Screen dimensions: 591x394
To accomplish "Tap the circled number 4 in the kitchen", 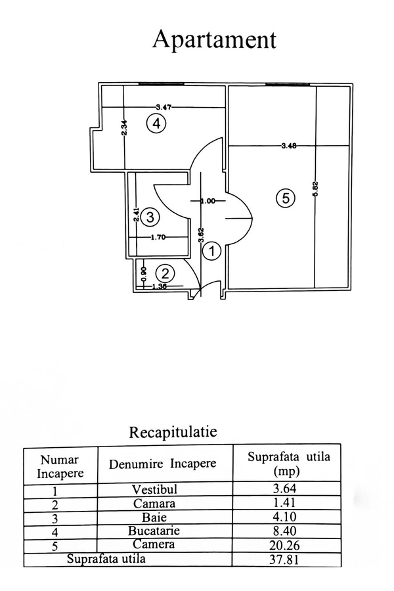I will (x=156, y=123).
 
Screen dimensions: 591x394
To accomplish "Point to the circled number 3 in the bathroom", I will (x=150, y=216).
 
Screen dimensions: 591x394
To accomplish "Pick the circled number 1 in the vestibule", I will (x=211, y=250).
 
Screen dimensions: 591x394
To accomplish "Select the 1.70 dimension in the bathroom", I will (x=158, y=237).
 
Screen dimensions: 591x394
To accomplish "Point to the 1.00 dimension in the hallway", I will (x=208, y=201).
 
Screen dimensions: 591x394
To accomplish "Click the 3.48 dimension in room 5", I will (x=288, y=146).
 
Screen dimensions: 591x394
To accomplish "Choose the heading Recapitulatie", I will (x=173, y=432).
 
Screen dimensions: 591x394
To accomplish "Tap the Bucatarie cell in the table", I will (x=164, y=531).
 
